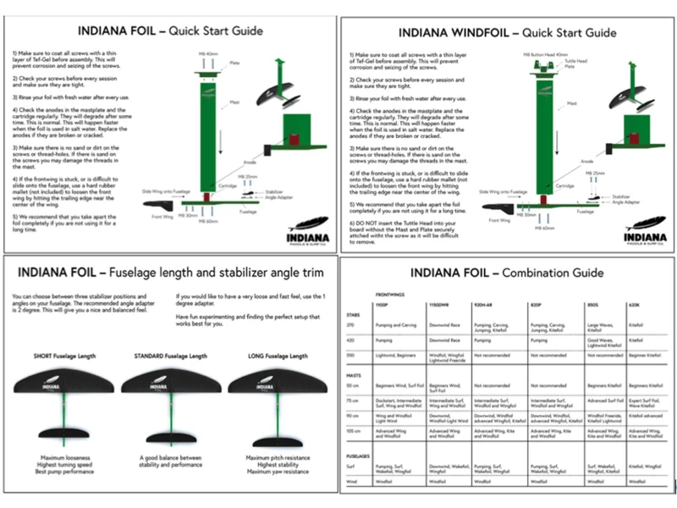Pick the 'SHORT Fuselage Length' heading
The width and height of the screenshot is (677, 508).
[x=65, y=356]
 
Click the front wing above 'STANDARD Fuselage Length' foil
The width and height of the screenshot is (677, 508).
[x=171, y=386]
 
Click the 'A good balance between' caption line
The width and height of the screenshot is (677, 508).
[x=171, y=458]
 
